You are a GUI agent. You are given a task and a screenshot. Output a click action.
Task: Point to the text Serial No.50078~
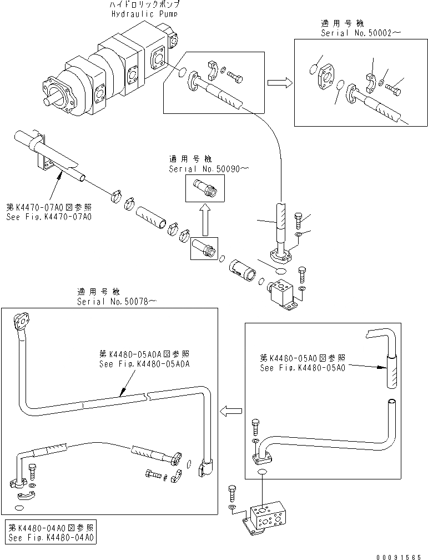(x=117, y=301)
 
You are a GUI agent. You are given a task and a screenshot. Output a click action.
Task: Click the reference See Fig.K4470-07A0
(x=49, y=217)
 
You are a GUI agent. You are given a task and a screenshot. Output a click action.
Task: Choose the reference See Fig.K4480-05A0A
(x=145, y=364)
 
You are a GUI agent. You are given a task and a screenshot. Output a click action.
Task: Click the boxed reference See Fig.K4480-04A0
(x=52, y=538)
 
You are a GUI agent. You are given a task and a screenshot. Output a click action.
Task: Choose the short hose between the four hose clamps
(x=151, y=217)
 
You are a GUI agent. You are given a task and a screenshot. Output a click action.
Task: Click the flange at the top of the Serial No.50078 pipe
(x=23, y=319)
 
